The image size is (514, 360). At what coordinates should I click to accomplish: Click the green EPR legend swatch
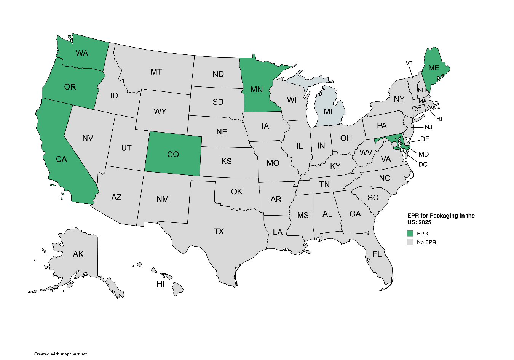coord(410,234)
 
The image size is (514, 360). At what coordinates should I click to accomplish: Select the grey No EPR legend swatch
coord(410,242)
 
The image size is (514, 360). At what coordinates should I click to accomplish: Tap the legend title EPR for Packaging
coord(441,219)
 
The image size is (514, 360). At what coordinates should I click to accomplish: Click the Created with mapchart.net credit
coord(61,354)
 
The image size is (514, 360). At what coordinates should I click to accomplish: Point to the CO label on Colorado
coord(173,154)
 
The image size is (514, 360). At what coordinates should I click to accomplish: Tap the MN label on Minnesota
coord(257,89)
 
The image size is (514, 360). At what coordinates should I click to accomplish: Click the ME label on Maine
coord(434,68)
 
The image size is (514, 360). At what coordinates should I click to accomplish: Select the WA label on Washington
coord(82,53)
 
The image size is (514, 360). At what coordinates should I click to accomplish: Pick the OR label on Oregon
coord(70,87)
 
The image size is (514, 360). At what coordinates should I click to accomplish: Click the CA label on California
coord(61,159)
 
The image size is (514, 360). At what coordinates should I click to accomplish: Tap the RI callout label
coord(439,119)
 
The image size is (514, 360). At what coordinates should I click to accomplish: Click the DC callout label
coord(423,165)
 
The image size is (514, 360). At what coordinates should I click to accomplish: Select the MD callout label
coord(423,154)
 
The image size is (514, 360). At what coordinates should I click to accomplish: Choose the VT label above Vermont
coord(409,63)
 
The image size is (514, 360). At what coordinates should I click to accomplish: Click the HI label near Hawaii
coord(160,284)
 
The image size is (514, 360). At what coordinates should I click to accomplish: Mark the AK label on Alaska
coord(78,254)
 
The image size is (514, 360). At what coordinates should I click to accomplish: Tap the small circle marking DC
coord(394,144)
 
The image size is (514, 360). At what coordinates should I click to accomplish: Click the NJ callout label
coord(428,127)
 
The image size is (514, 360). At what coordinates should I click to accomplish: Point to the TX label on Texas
coord(219,231)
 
